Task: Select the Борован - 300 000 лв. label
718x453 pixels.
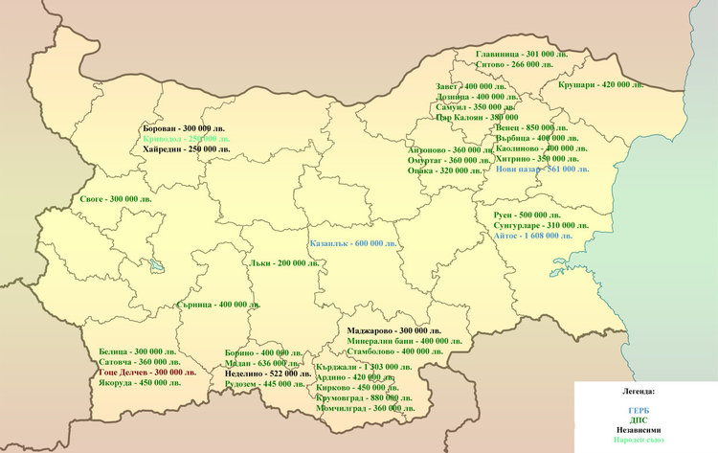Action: pos(184,128)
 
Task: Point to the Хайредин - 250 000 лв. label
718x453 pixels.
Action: pos(187,149)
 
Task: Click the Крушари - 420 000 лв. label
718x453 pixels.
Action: pos(600,85)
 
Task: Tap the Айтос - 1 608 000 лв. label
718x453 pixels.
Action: pos(532,235)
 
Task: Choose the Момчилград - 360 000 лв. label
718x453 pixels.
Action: pos(366,408)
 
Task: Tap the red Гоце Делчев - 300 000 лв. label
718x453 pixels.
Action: pos(147,372)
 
